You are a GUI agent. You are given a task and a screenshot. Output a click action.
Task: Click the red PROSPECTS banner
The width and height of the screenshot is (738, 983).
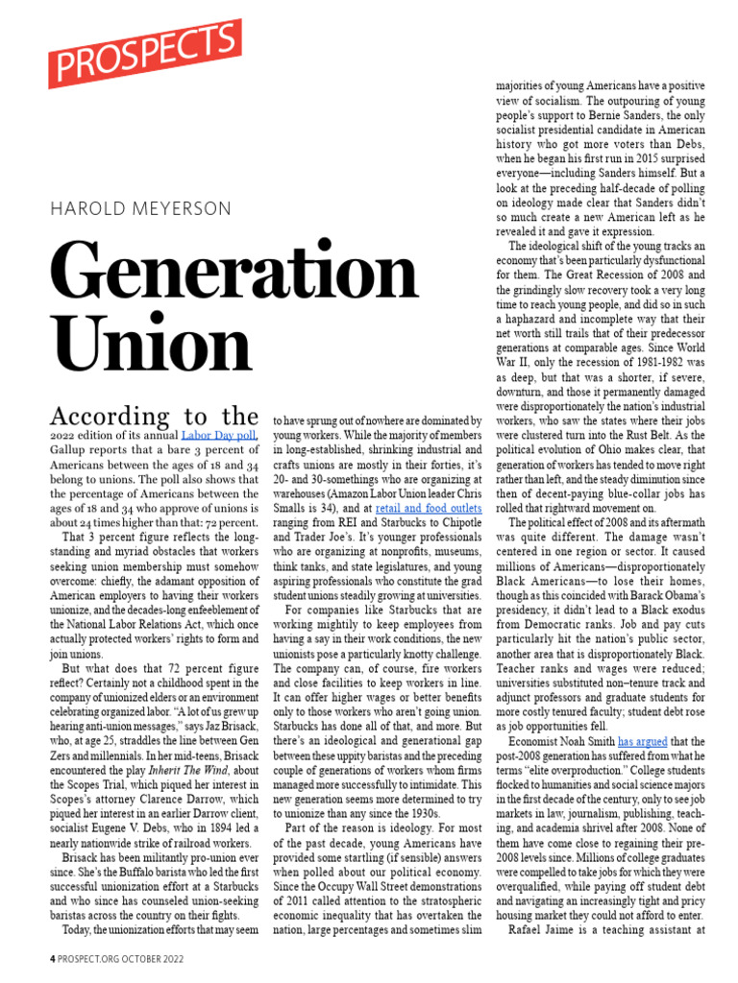tap(144, 53)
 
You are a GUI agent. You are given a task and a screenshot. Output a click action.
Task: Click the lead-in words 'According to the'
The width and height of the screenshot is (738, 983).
tap(154, 416)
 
